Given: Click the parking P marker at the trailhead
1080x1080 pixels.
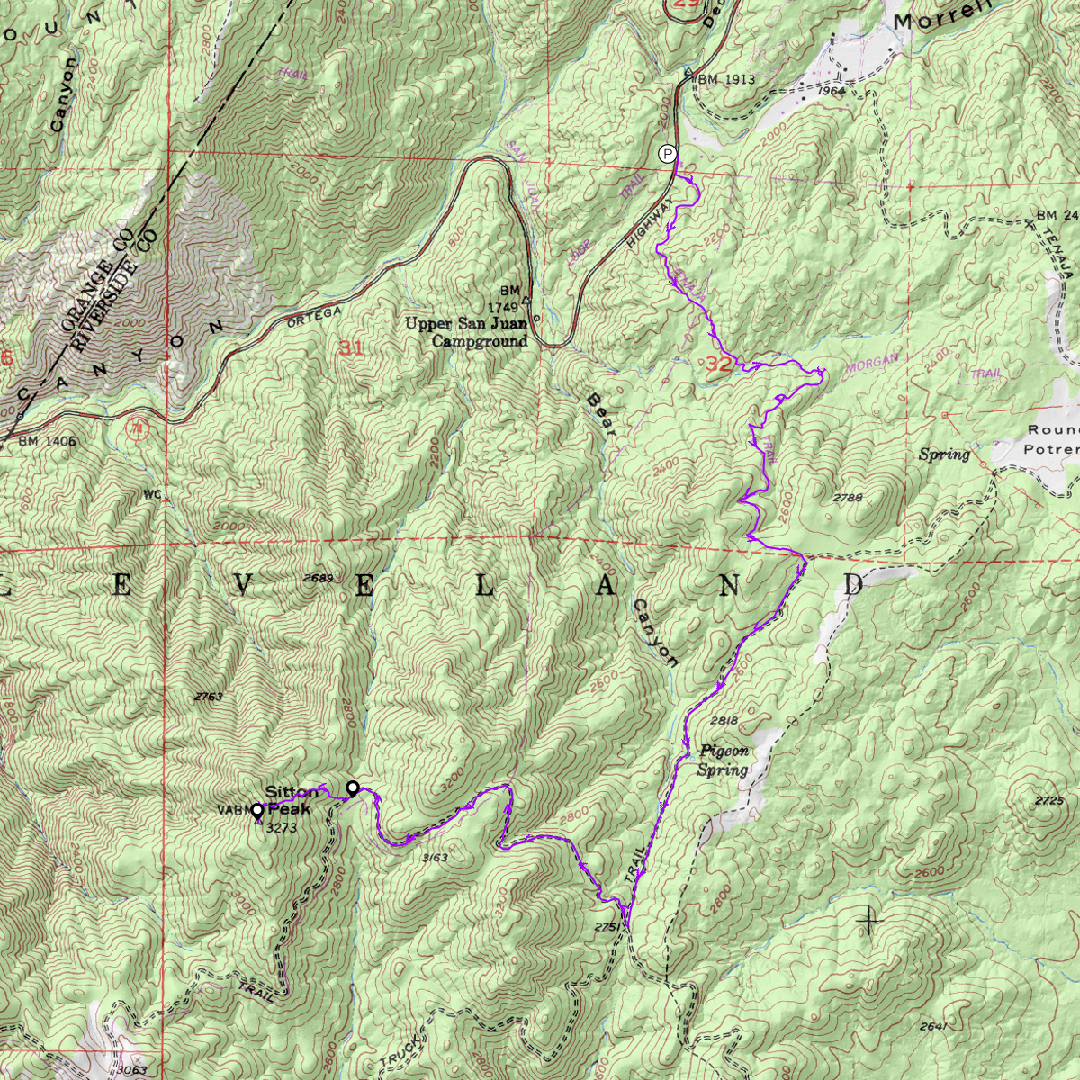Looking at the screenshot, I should [x=667, y=154].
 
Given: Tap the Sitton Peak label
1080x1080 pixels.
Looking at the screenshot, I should [x=291, y=800].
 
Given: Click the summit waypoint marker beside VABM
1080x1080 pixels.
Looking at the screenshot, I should [x=257, y=810].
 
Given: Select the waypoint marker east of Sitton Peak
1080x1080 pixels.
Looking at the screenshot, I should [x=353, y=787].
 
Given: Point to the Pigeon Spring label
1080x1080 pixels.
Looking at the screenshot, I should [x=724, y=760].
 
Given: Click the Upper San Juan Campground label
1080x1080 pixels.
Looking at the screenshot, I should [x=466, y=332].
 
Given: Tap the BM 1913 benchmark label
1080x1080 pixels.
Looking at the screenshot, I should [x=726, y=79].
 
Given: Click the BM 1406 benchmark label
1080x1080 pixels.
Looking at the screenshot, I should [x=47, y=442].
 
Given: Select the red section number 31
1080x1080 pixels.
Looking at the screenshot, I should [x=351, y=347].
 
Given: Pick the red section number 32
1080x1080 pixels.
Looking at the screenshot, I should [x=718, y=364].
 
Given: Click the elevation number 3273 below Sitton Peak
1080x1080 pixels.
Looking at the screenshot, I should [x=282, y=828].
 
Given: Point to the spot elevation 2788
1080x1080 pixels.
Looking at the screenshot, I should [x=848, y=498].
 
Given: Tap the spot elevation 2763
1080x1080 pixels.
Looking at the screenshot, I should [x=208, y=697].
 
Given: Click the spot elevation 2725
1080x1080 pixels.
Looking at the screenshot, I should [x=1049, y=801].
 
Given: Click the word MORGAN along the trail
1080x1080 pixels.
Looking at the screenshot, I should [x=871, y=363].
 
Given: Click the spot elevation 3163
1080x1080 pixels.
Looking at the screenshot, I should [x=435, y=858].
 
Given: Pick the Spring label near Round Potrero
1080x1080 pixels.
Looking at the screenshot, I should [x=944, y=454].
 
